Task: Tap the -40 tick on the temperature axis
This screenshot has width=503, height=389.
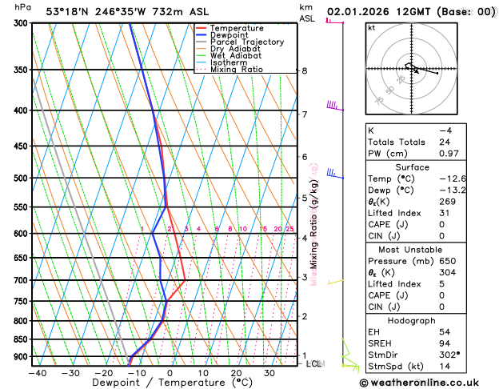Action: [x=37, y=372]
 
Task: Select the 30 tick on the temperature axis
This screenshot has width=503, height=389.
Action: [x=269, y=372]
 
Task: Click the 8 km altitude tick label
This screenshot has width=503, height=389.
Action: [x=304, y=71]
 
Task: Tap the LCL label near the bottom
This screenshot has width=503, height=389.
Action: [x=315, y=363]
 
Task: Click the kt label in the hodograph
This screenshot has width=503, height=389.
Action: [x=371, y=27]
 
